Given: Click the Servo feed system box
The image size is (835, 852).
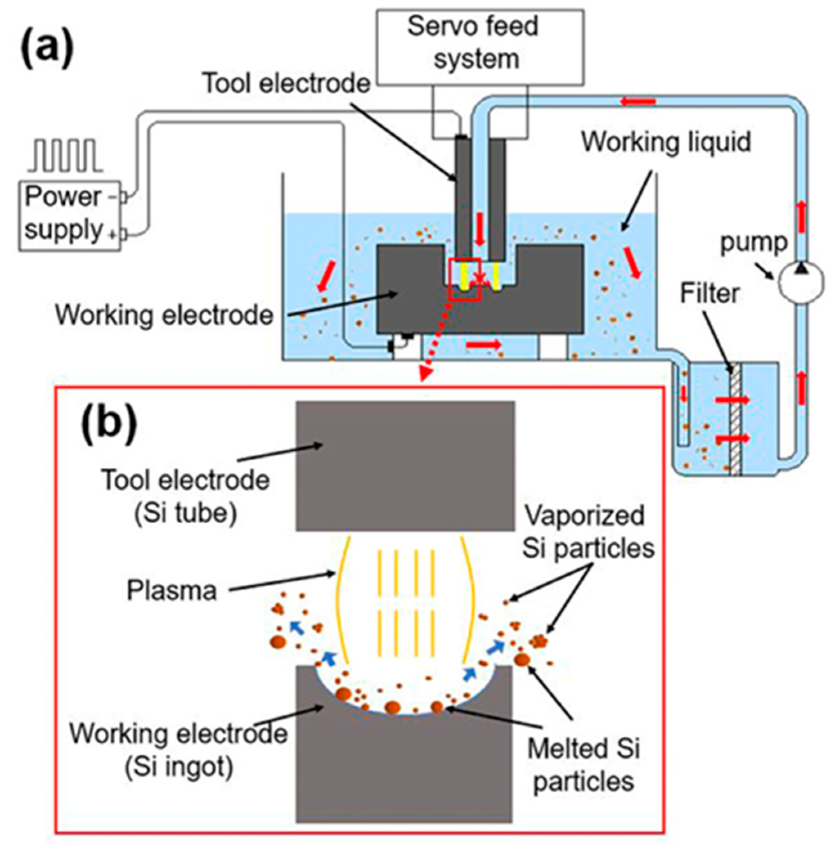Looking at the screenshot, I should pyautogui.click(x=480, y=47).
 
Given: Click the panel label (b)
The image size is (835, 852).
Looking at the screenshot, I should pyautogui.click(x=108, y=422).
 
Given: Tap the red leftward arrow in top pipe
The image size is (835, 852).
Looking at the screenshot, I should pyautogui.click(x=638, y=102).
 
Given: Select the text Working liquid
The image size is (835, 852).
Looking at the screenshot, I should pyautogui.click(x=666, y=142).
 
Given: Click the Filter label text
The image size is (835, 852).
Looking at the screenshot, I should pyautogui.click(x=709, y=293).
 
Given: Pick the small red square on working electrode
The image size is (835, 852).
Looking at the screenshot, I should pyautogui.click(x=465, y=279).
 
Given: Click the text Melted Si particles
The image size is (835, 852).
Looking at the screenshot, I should pyautogui.click(x=583, y=765).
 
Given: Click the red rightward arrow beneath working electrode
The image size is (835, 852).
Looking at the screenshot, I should pyautogui.click(x=482, y=345).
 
